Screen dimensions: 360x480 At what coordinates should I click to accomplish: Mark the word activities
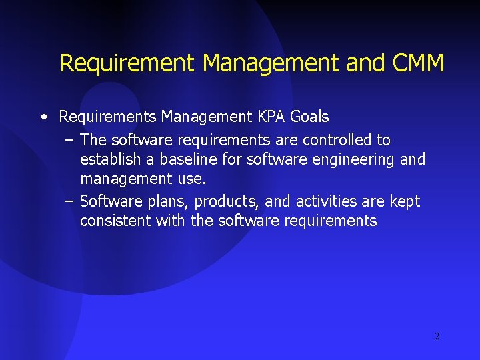pyautogui.click(x=326, y=201)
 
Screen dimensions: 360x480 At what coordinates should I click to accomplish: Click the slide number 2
pyautogui.click(x=437, y=336)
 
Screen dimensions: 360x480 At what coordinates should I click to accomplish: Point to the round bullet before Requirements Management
pyautogui.click(x=43, y=117)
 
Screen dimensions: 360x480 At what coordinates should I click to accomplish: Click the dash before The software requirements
pyautogui.click(x=69, y=140)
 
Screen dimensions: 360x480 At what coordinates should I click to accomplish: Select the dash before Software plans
pyautogui.click(x=69, y=201)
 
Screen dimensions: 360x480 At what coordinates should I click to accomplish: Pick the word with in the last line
pyautogui.click(x=171, y=221)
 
